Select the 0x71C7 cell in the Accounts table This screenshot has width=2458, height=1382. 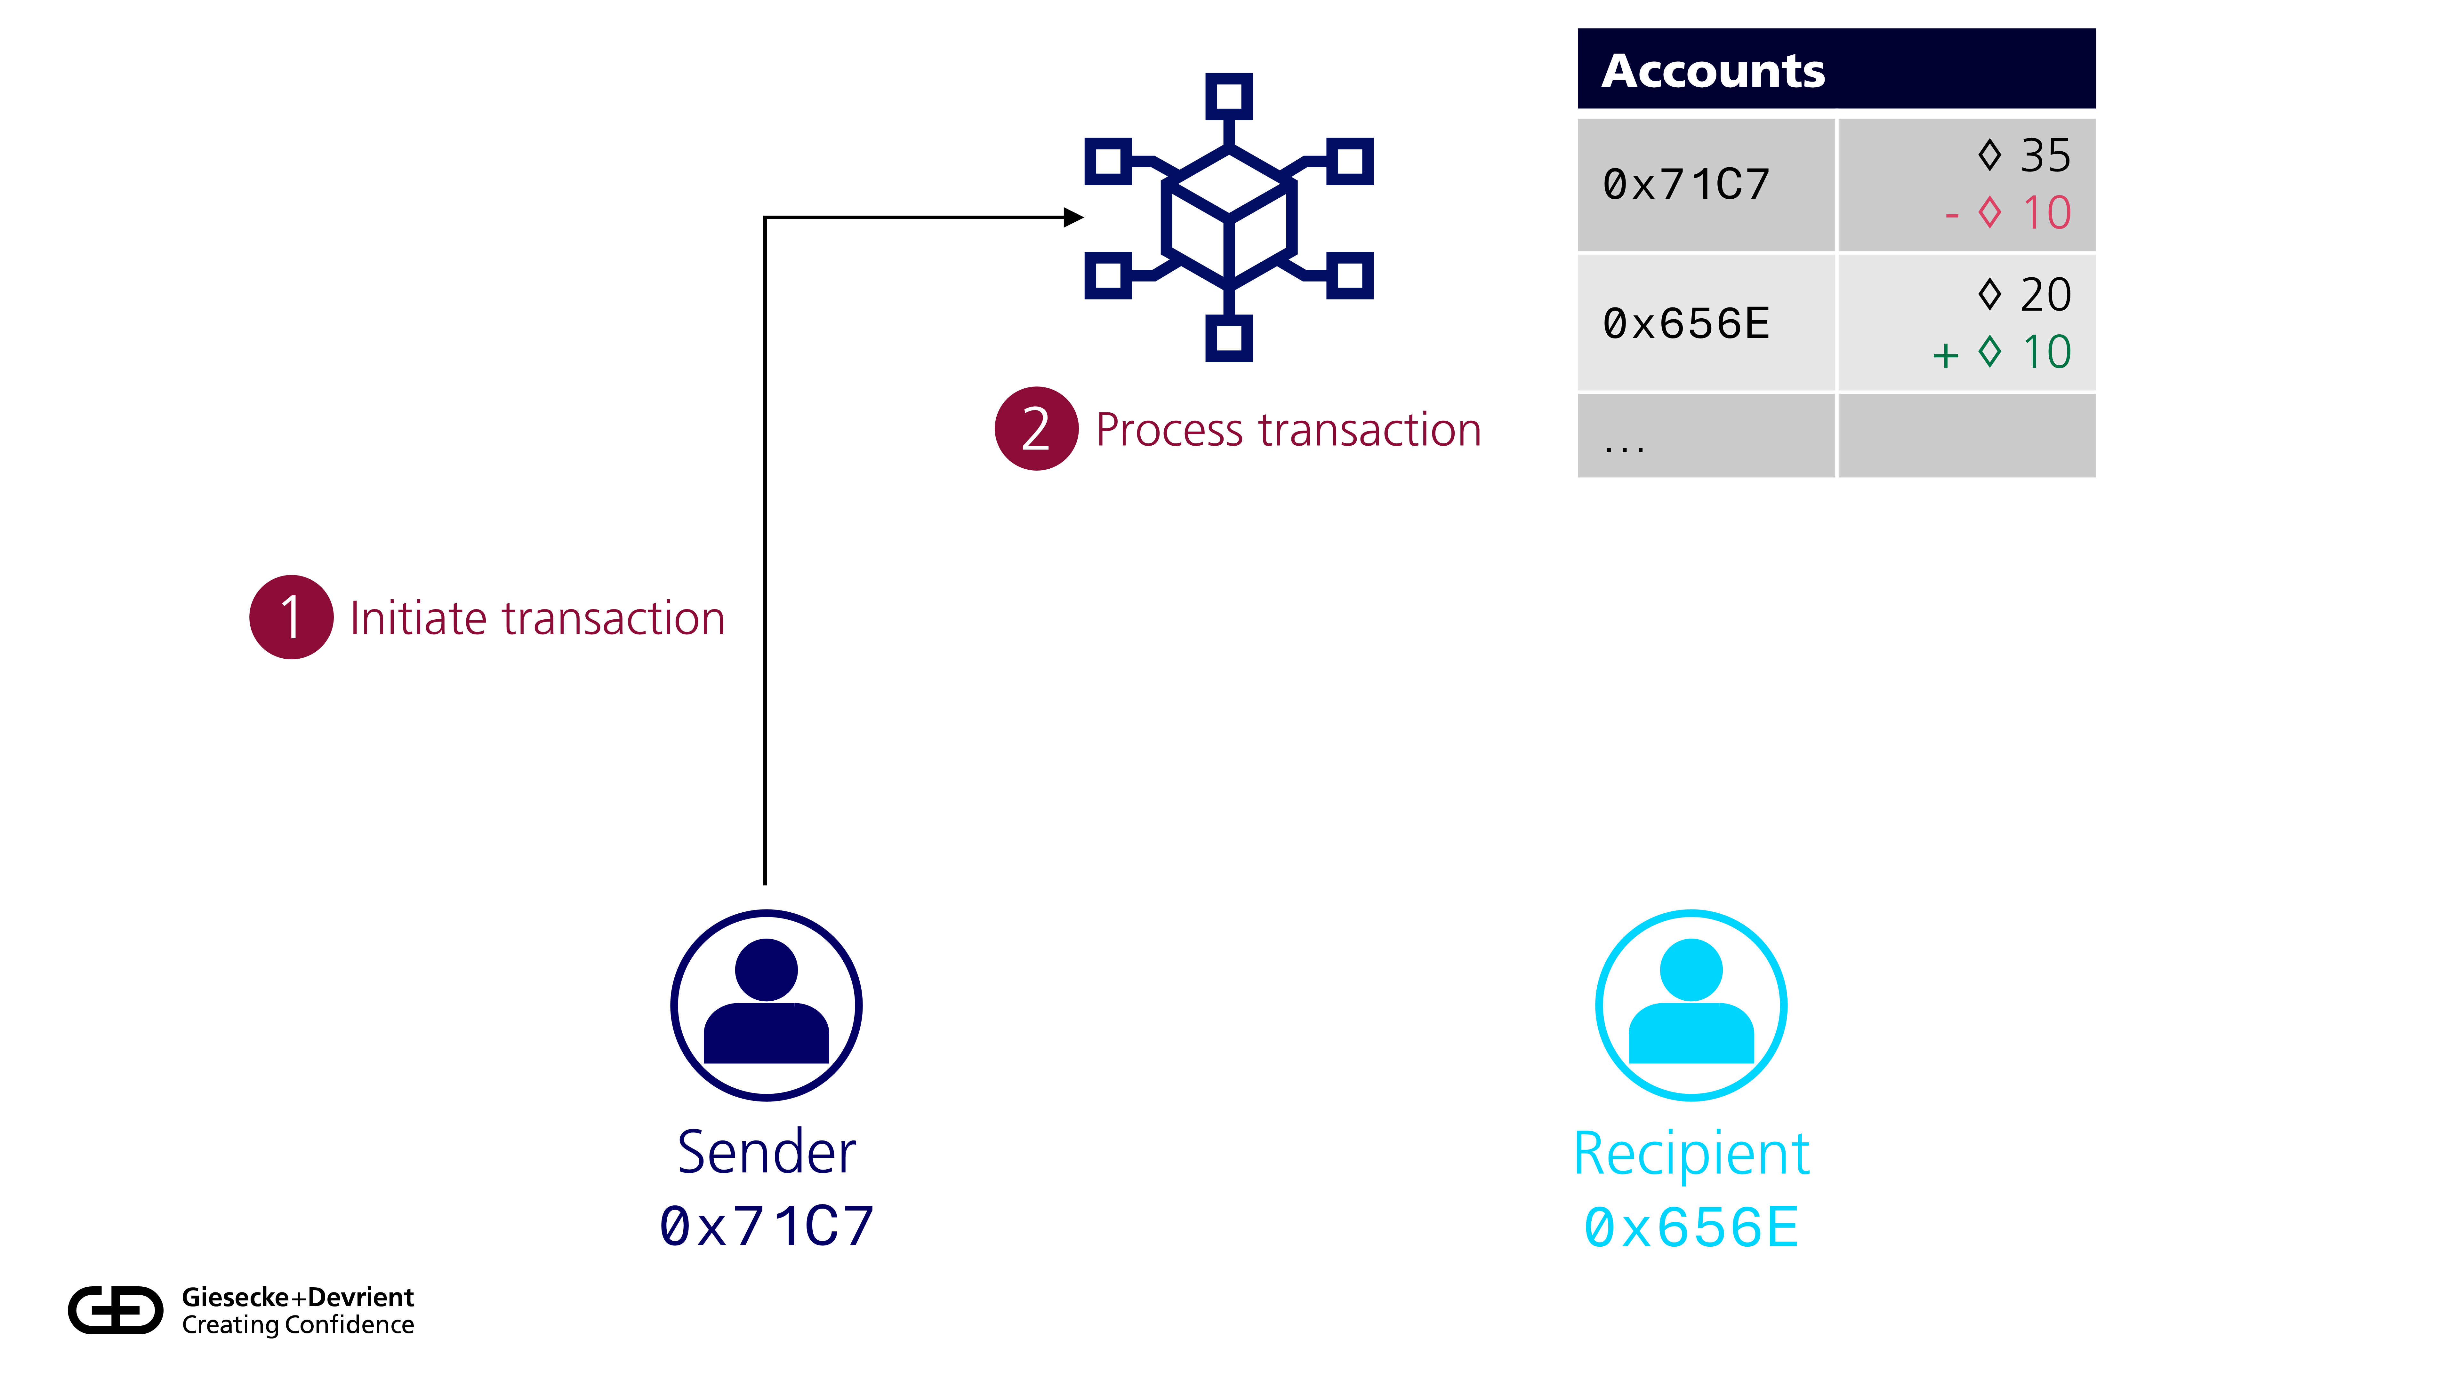(1686, 185)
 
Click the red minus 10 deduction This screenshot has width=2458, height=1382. (2009, 213)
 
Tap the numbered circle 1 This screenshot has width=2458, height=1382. (291, 617)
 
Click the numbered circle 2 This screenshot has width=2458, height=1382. (1036, 428)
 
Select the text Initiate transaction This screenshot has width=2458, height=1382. (537, 618)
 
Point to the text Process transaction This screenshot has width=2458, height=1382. (1288, 430)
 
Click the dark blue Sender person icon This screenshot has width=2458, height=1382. (766, 1005)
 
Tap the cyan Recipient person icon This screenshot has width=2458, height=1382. (1691, 1005)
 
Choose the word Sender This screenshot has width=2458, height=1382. (766, 1152)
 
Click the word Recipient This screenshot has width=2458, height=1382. (1691, 1154)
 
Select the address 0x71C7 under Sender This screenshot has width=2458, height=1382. (766, 1227)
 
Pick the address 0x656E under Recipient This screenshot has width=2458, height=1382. (1691, 1227)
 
